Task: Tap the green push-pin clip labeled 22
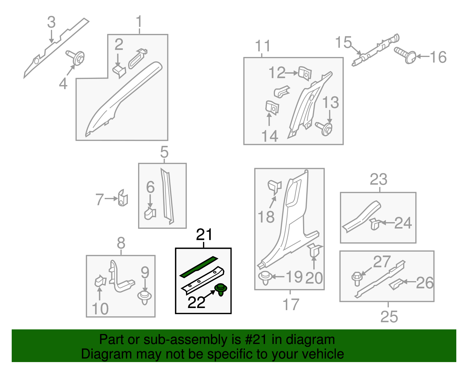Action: [221, 289]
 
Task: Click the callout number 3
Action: [51, 22]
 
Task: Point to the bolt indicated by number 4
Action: [75, 58]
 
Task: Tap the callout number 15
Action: [344, 42]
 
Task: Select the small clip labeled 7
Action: [123, 198]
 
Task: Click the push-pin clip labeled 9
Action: [144, 298]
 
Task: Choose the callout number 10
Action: [100, 309]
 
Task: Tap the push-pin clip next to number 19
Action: [266, 278]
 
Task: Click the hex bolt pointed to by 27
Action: [357, 279]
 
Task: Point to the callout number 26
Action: [425, 283]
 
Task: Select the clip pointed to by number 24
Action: [375, 224]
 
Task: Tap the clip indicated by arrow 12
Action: [305, 73]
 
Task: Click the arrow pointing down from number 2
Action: [118, 60]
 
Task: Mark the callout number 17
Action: [291, 305]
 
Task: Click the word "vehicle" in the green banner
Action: [318, 354]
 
